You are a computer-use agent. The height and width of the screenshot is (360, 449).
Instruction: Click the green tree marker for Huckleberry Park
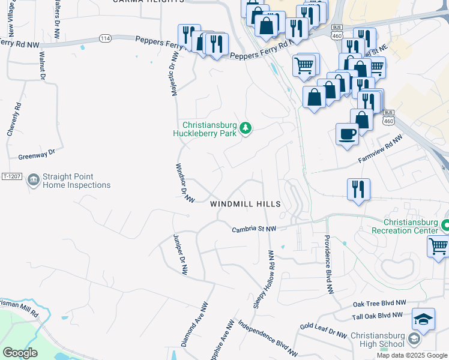[245, 128]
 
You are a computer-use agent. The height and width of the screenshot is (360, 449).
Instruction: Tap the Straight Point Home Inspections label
[76, 181]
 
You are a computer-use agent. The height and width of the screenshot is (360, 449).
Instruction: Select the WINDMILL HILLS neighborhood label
[246, 205]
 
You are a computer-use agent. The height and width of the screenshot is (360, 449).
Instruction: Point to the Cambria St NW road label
[254, 229]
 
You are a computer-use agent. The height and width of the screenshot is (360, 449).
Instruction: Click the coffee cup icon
[347, 134]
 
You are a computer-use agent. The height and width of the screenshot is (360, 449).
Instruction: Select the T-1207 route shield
[12, 176]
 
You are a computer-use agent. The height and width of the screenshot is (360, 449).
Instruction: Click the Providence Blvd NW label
[329, 264]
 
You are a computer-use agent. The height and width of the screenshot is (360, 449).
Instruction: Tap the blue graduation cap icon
[423, 317]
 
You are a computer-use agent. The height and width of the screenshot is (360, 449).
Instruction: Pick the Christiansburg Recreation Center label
[402, 226]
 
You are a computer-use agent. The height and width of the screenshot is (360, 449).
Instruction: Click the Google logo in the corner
[20, 353]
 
